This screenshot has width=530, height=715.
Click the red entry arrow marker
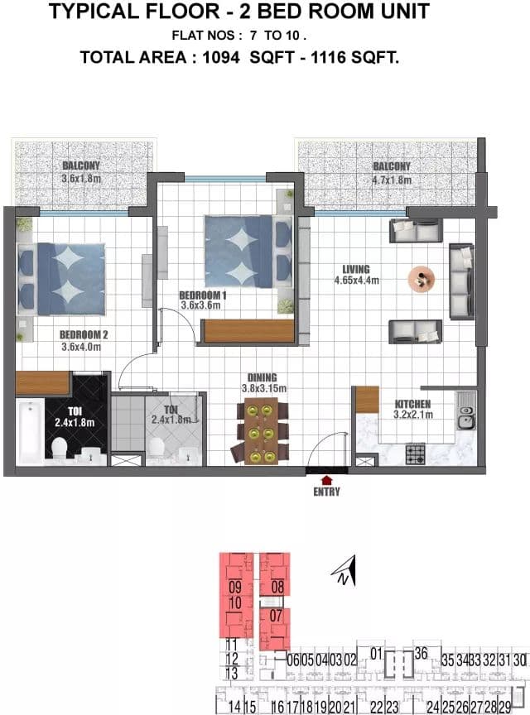[x=326, y=480]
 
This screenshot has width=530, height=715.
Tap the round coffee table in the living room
[x=421, y=278]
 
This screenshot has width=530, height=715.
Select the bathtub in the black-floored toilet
[x=31, y=431]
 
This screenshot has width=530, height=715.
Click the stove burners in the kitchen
[x=415, y=453]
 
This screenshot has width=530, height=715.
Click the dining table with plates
[x=261, y=431]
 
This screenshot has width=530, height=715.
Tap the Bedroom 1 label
[x=203, y=295]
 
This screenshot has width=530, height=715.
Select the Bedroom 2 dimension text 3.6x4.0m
[x=81, y=347]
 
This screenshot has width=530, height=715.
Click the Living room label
[x=356, y=269]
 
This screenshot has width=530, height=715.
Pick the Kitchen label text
[x=412, y=404]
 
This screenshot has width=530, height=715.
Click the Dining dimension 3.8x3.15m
[x=264, y=388]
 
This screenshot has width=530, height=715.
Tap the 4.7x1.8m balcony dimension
[x=392, y=180]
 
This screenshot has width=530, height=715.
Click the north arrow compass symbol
[x=344, y=570]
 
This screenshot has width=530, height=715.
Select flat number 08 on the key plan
[x=277, y=587]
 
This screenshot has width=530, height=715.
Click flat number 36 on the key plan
[x=421, y=654]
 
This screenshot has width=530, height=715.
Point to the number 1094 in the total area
[x=221, y=57]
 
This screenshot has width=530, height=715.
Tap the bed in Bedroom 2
[x=61, y=279]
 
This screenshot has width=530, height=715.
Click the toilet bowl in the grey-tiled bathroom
[x=157, y=447]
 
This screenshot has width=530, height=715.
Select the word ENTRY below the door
[x=326, y=492]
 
